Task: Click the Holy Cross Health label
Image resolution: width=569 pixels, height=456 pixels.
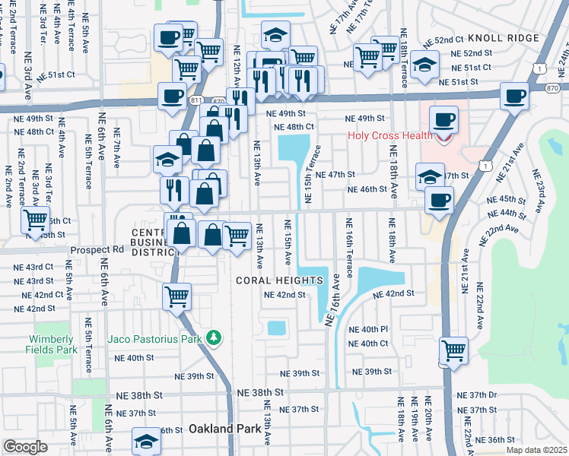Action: (x=389, y=137)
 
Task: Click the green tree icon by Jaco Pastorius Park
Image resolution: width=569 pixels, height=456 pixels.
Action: (x=215, y=337)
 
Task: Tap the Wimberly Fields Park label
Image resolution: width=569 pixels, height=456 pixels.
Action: (x=53, y=344)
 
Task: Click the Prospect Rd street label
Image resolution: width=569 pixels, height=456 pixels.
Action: (x=97, y=249)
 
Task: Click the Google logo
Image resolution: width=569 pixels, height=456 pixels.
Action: (x=25, y=447)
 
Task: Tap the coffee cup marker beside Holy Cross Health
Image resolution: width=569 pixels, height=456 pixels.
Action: (x=443, y=119)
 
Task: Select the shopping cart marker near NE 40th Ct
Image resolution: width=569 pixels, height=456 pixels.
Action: (x=453, y=350)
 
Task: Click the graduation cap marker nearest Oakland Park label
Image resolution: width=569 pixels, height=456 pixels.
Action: (x=146, y=440)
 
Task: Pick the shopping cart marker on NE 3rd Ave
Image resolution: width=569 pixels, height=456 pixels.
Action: (x=35, y=220)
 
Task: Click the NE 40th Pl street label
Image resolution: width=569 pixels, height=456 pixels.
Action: (x=368, y=330)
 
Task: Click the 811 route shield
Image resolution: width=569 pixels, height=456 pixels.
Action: (x=196, y=100)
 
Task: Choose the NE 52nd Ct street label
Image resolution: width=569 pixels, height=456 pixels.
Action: (x=443, y=40)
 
